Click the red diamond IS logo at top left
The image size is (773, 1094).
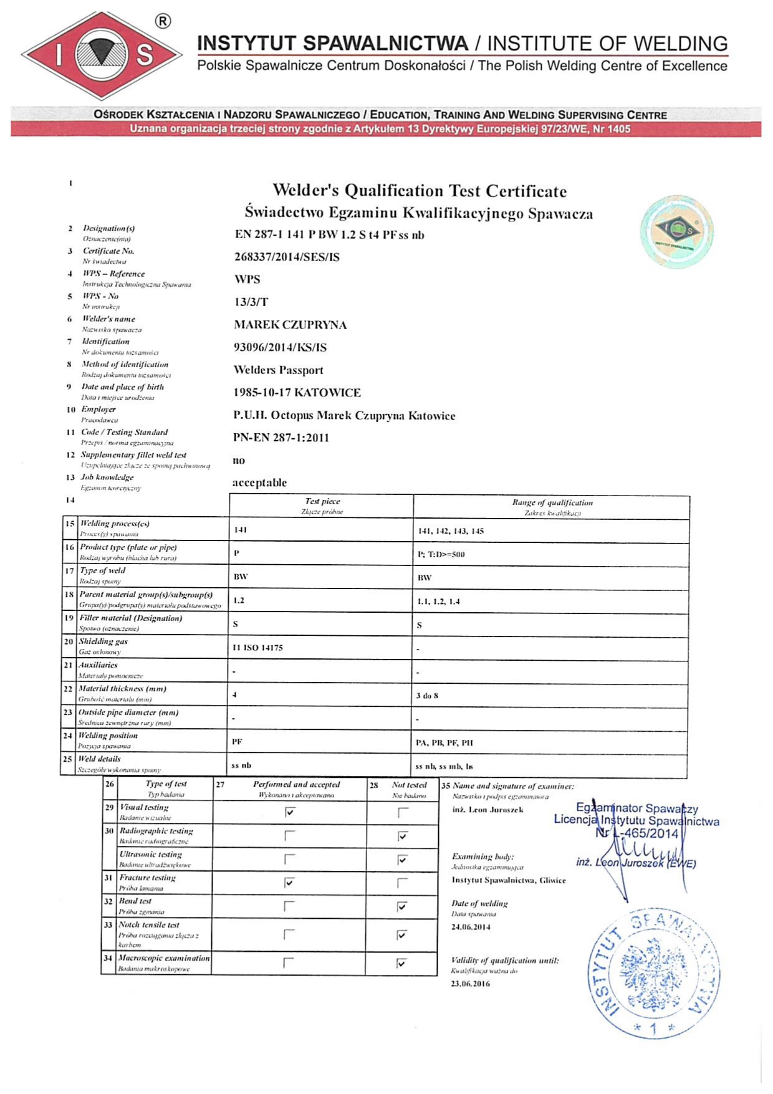(101, 55)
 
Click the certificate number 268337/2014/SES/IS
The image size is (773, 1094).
(287, 257)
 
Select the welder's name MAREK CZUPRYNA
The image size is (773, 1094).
(290, 325)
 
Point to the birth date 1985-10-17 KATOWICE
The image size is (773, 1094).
(297, 393)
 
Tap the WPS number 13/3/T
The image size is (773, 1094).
(251, 302)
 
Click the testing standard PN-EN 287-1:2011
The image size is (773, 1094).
(281, 438)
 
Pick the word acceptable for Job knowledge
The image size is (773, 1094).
(259, 482)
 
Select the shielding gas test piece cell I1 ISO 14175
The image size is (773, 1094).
(257, 648)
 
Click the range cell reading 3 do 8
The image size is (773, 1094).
(427, 696)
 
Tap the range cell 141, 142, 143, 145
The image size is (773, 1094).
(450, 531)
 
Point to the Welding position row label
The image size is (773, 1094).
(108, 736)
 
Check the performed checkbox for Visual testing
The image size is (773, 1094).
(289, 812)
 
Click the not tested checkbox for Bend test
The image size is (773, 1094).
(402, 906)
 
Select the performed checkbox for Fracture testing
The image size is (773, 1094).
(289, 882)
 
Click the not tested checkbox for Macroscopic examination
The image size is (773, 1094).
(401, 963)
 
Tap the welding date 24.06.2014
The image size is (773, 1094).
(471, 927)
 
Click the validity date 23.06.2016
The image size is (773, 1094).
(471, 984)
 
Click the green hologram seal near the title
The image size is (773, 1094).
(676, 232)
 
